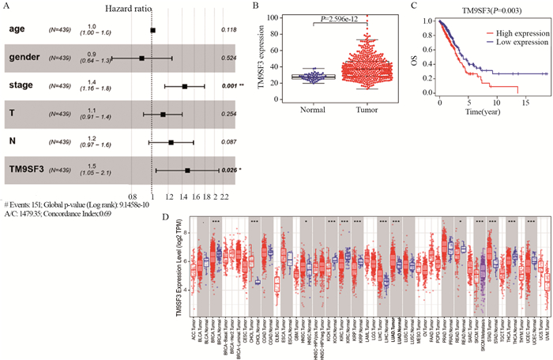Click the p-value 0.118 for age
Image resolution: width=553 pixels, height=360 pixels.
(x=229, y=30)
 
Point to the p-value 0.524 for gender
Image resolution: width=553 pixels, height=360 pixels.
(x=229, y=58)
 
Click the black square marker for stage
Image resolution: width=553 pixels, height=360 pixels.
(x=185, y=86)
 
